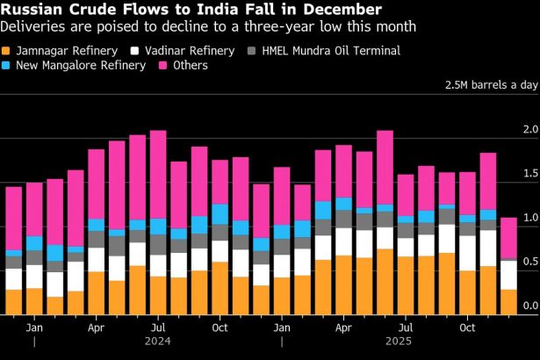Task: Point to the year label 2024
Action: [x=158, y=342]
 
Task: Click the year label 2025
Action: [x=406, y=342]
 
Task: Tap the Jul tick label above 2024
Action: [x=158, y=327]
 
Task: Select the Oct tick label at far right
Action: [x=467, y=327]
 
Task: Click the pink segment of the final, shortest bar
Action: [x=509, y=238]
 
